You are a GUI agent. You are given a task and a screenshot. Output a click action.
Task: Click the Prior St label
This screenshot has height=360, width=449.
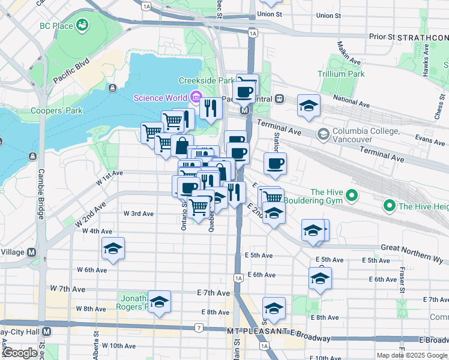point(382,37)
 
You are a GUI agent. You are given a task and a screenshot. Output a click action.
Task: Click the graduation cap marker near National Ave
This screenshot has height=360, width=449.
point(309,106)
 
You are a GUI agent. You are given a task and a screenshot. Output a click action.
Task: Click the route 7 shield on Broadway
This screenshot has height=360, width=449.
point(198,328)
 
